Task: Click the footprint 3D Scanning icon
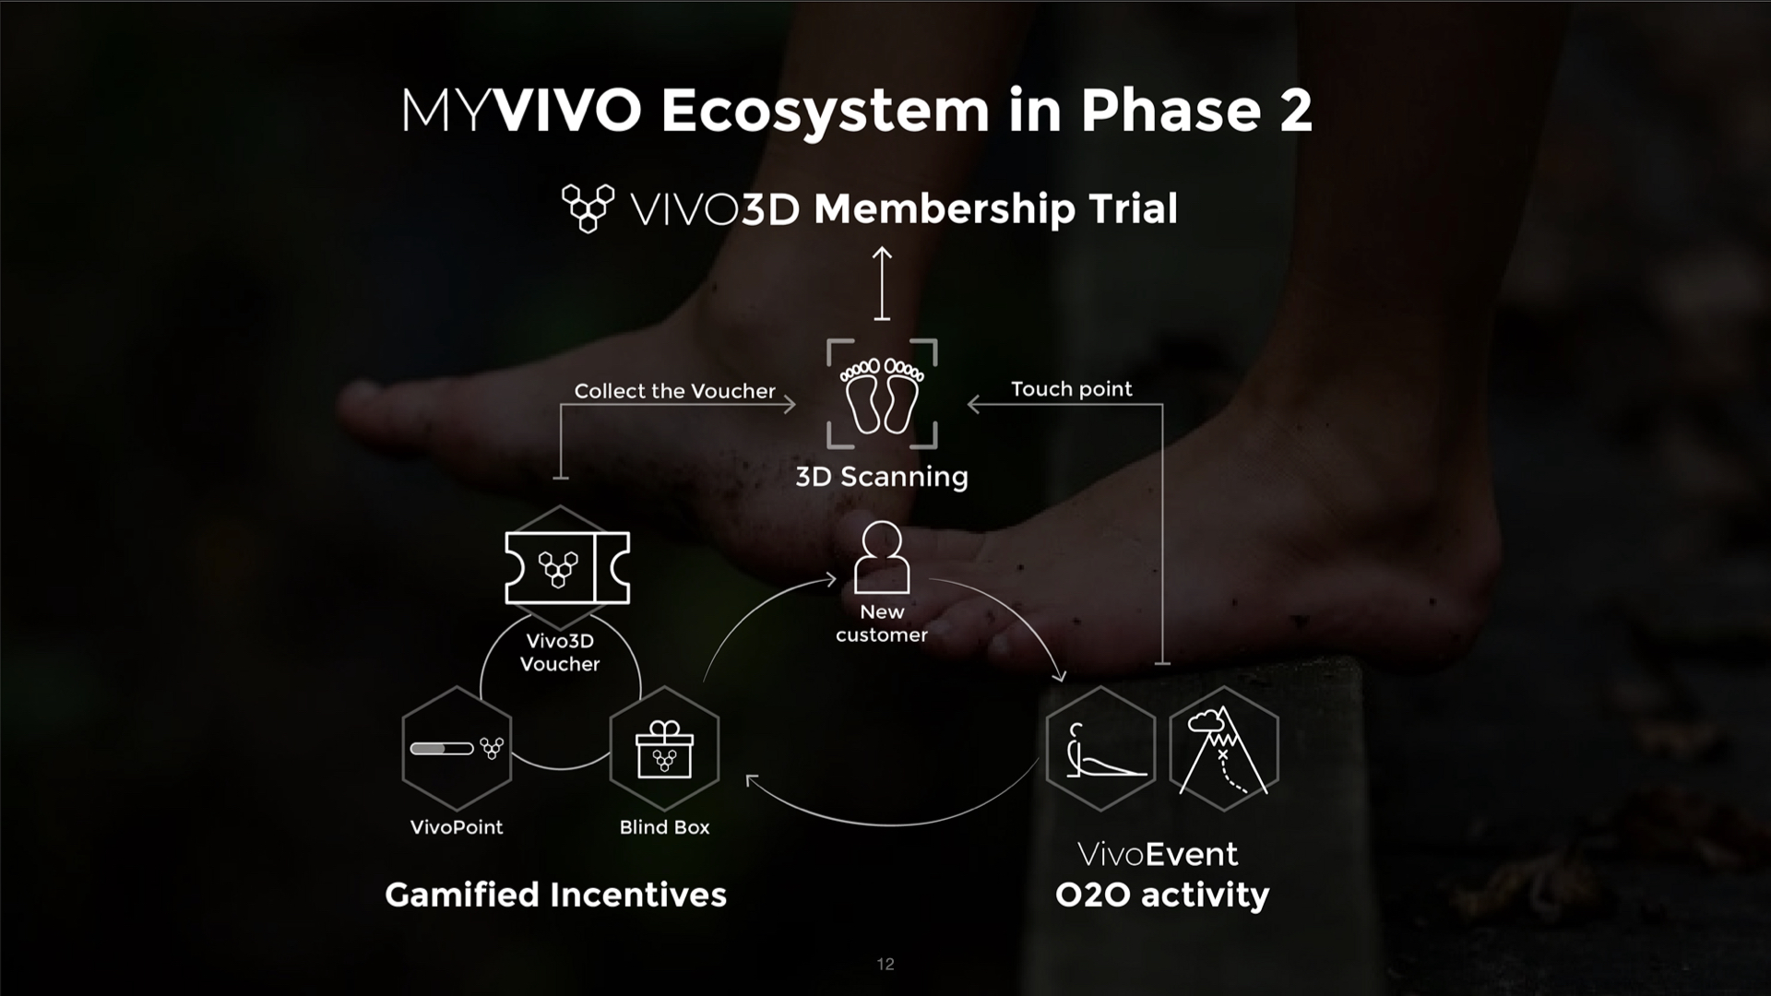tap(882, 394)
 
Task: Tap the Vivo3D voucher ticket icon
tap(567, 568)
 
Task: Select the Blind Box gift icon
tap(664, 749)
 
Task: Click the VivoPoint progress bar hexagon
tap(457, 749)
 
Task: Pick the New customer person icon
tap(882, 557)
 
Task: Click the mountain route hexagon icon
tap(1224, 749)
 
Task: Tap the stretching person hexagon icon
tap(1100, 749)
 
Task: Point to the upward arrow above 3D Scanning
tap(882, 283)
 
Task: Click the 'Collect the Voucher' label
tap(674, 391)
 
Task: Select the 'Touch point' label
tap(1071, 389)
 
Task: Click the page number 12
tap(885, 964)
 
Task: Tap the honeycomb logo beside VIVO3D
tap(588, 208)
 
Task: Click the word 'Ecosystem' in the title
tap(825, 112)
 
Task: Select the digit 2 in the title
tap(1295, 111)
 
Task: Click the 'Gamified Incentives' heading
tap(555, 895)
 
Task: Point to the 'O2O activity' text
tap(1162, 895)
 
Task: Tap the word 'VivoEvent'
tap(1158, 854)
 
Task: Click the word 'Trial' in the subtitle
tap(1133, 208)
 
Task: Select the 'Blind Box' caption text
tap(664, 827)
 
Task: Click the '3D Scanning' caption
tap(882, 477)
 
